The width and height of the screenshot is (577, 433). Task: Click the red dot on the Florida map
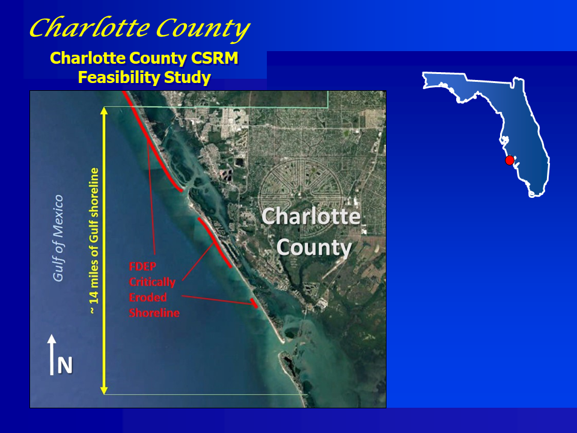(510, 161)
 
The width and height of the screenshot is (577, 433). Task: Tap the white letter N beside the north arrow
(65, 365)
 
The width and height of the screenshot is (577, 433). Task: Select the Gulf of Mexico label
(58, 238)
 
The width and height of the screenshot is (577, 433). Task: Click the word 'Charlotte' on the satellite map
(311, 216)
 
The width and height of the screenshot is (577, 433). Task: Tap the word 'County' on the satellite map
(314, 247)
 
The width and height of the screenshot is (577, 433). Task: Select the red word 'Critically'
(152, 281)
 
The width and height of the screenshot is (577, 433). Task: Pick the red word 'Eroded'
(147, 297)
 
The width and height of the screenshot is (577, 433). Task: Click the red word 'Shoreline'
(154, 313)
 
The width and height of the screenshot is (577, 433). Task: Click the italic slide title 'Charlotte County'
(139, 28)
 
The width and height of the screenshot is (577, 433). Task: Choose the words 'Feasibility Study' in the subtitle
(144, 78)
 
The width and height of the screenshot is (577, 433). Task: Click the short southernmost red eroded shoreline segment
(255, 302)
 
